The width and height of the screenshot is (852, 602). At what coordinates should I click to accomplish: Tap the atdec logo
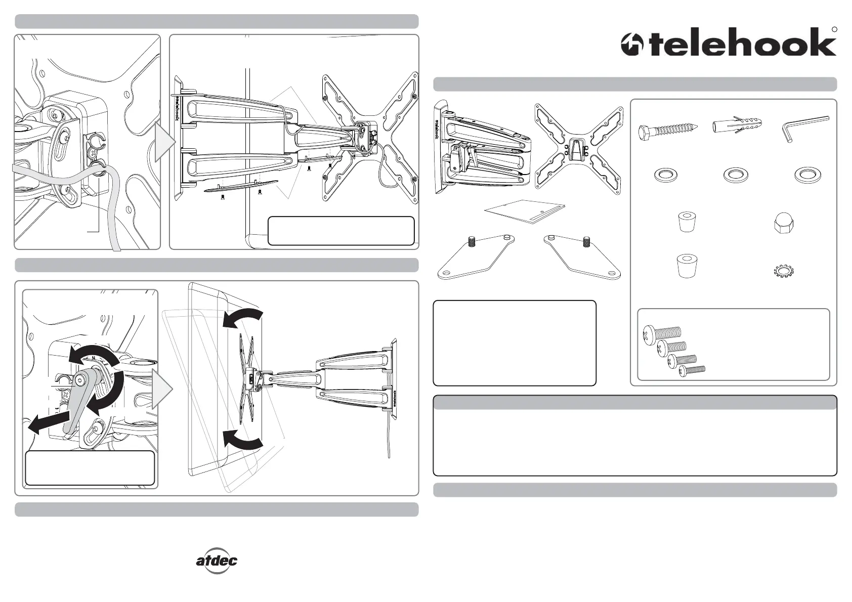click(x=217, y=561)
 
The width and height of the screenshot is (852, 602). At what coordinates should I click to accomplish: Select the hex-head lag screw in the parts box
click(x=668, y=131)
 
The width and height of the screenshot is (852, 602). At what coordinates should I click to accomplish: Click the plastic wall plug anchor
click(x=737, y=124)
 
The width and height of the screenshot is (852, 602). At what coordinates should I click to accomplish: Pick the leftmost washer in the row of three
click(x=666, y=176)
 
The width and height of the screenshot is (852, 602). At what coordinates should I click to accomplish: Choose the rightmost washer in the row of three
click(x=807, y=176)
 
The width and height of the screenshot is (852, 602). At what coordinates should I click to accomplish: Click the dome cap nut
click(x=784, y=223)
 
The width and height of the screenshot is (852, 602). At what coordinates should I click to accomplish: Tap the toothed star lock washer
click(x=784, y=271)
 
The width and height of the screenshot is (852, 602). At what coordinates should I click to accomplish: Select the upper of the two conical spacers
click(x=687, y=222)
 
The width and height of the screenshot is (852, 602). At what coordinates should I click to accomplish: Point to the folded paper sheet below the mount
click(x=525, y=211)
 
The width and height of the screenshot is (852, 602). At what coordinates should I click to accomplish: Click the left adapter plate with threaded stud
click(x=476, y=256)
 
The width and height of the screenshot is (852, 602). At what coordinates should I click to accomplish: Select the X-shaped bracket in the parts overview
click(x=578, y=149)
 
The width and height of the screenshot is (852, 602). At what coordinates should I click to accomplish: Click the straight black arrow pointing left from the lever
click(x=49, y=422)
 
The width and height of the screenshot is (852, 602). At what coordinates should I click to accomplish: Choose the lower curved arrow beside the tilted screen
click(x=243, y=439)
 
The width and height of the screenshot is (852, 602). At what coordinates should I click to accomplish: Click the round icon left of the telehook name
click(x=632, y=44)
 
